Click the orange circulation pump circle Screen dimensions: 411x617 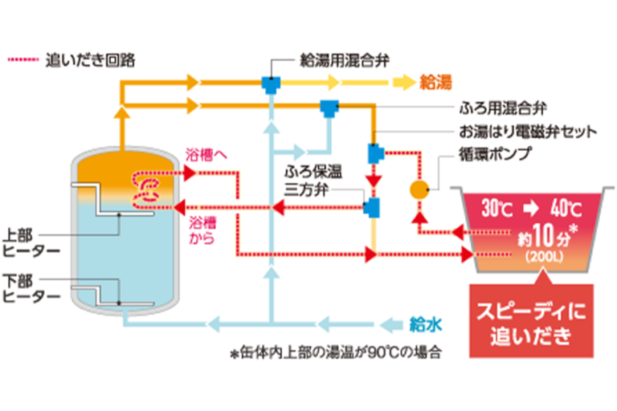pos(419,189)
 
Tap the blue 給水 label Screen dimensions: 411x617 pos(426,324)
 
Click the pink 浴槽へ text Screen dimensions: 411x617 pos(202,153)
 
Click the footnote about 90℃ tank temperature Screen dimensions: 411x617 pos(336,352)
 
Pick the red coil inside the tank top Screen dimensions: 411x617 pos(148,188)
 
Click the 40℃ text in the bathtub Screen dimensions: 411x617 pos(566,211)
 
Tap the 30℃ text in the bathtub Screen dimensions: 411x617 pos(496,211)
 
